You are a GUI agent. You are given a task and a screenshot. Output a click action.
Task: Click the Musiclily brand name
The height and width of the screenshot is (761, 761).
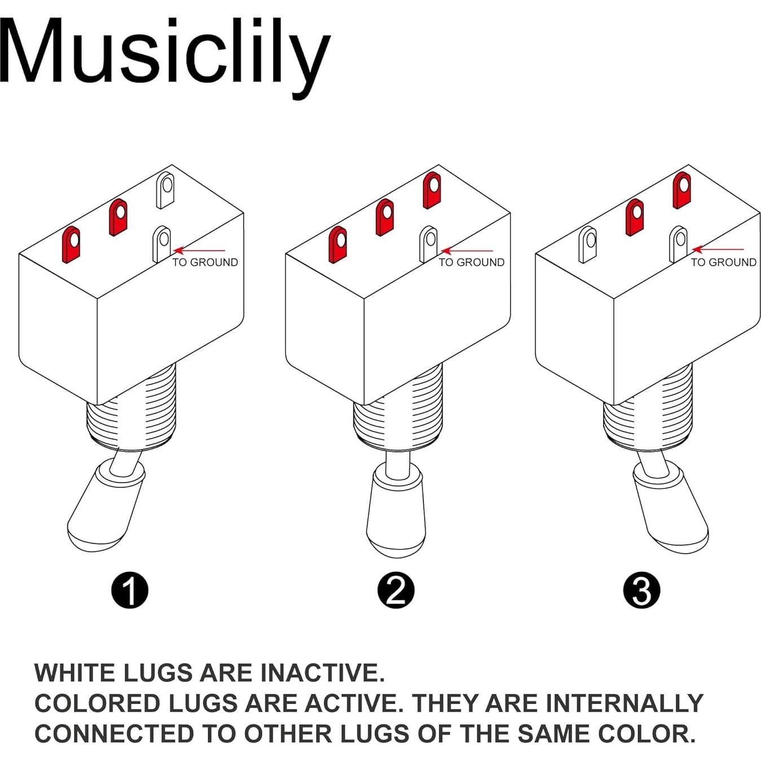164,54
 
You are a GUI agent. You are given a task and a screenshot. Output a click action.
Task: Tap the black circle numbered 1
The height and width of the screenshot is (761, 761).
130,591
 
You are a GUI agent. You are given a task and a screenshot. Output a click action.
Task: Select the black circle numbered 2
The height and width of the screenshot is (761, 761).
395,591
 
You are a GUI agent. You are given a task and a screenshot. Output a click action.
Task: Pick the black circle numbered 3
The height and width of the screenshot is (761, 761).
641,591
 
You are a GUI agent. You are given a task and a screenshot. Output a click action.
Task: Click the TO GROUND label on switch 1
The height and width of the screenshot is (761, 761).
205,262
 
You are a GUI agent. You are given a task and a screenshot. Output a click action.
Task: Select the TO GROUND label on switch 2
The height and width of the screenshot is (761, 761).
472,262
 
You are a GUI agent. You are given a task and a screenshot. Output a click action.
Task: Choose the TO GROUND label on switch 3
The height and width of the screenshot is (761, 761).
723,262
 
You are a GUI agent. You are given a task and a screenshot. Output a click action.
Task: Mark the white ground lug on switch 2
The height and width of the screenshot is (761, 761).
429,244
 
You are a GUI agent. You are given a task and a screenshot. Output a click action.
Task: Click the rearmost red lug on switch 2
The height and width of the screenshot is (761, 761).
432,190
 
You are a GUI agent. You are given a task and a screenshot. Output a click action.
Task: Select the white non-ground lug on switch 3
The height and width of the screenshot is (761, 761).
587,244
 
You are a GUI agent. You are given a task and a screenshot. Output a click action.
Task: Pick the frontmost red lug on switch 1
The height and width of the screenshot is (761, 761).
71,244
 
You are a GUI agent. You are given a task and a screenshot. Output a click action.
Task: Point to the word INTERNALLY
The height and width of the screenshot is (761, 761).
624,703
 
